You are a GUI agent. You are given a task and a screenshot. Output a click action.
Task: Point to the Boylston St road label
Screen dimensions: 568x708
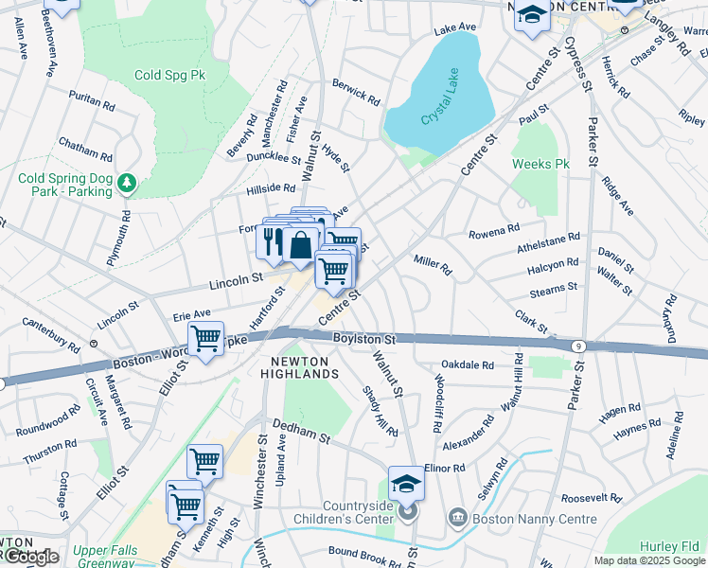point(363,339)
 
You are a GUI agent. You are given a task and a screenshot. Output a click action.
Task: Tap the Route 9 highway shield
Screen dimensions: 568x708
point(577,346)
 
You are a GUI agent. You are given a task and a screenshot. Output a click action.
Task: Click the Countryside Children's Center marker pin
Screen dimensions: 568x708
point(407,513)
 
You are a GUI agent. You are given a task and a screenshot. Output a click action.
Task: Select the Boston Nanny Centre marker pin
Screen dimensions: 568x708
point(457,518)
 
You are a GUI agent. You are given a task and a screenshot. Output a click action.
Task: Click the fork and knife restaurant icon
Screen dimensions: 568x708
point(270,239)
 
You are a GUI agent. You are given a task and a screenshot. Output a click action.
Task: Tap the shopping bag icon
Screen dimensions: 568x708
point(300,244)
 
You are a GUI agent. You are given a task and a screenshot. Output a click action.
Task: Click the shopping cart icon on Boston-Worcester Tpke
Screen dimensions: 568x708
point(205,338)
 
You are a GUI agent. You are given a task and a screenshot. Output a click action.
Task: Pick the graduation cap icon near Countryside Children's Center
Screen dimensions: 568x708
point(406,483)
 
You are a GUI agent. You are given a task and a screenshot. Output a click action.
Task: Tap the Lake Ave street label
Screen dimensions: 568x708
point(452,30)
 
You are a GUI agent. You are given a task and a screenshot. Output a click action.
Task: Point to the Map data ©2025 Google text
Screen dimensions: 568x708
point(648,560)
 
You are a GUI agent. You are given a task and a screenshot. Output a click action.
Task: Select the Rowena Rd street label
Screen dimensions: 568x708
point(494,230)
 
